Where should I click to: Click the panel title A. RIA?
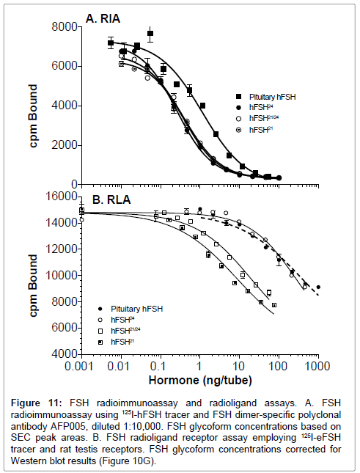pyautogui.click(x=103, y=19)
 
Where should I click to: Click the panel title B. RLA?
pyautogui.click(x=111, y=199)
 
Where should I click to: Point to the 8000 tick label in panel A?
pyautogui.click(x=65, y=27)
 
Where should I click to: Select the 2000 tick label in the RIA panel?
pyautogui.click(x=65, y=145)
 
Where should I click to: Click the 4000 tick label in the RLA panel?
pyautogui.click(x=65, y=354)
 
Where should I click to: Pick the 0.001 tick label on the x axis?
pyautogui.click(x=79, y=366)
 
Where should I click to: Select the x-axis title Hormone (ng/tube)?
pyautogui.click(x=200, y=381)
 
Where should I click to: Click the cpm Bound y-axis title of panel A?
pyautogui.click(x=33, y=116)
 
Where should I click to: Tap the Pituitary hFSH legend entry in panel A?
pyautogui.click(x=272, y=97)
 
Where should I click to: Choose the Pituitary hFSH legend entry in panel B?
pyautogui.click(x=136, y=309)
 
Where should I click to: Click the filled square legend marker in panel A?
pyautogui.click(x=239, y=97)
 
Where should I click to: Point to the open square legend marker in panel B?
pyautogui.click(x=100, y=331)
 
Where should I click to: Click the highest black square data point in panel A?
pyautogui.click(x=150, y=33)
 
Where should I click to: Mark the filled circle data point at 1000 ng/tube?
pyautogui.click(x=318, y=287)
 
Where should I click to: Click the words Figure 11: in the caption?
pyautogui.click(x=37, y=403)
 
